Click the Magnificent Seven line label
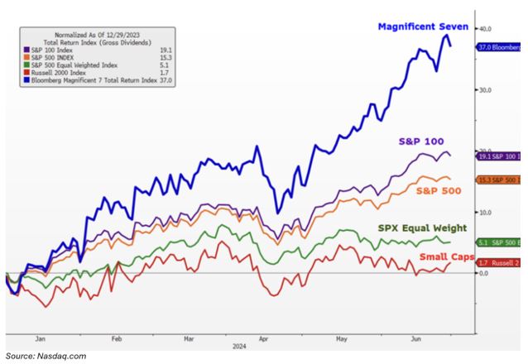pos(423,27)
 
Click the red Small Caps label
pos(445,257)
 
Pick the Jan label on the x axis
pos(40,338)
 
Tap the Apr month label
pos(264,338)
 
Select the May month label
pos(338,338)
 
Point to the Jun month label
pos(413,338)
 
